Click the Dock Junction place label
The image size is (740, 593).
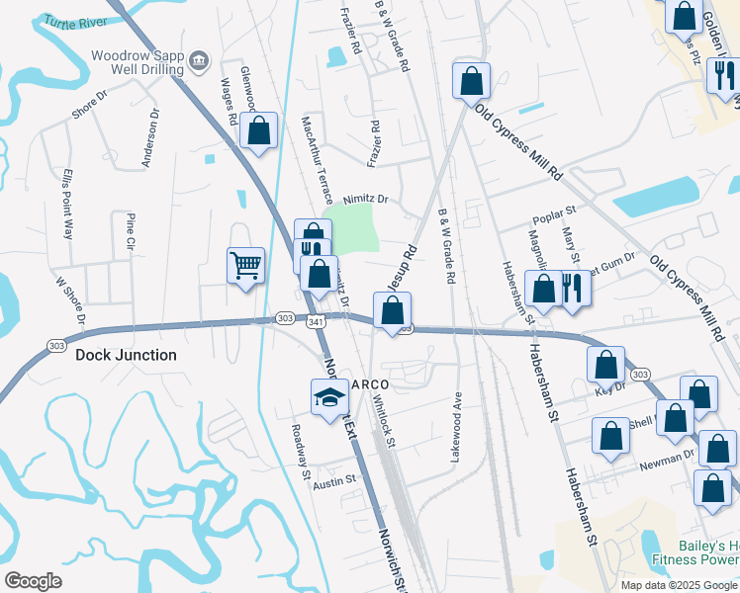[126, 355]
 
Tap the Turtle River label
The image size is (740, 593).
[82, 21]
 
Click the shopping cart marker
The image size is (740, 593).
[245, 264]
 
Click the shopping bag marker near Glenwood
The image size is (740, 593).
[258, 131]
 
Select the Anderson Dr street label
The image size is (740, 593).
[152, 138]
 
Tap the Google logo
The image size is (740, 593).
[33, 580]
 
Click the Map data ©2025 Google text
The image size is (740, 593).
[679, 584]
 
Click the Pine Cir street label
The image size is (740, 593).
[130, 231]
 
